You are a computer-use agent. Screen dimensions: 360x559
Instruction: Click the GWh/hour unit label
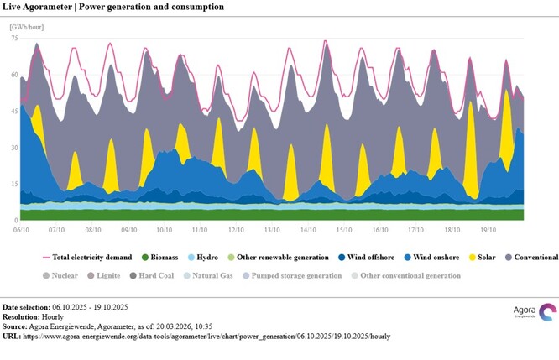tap(26, 28)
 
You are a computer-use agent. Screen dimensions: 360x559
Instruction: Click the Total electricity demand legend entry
tap(89, 257)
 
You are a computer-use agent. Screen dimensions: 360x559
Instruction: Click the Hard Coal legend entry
tap(155, 274)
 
